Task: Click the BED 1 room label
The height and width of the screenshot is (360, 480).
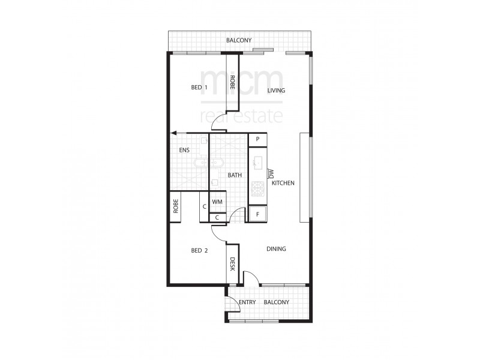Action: (x=199, y=88)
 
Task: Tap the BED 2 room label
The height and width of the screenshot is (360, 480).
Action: (x=199, y=250)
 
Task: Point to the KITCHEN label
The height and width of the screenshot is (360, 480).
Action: (x=283, y=183)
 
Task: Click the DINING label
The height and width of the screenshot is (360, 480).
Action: (x=276, y=249)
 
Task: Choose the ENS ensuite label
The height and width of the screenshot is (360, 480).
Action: (x=184, y=150)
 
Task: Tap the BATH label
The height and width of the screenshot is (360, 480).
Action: (x=235, y=175)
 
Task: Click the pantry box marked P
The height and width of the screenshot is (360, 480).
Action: (x=257, y=139)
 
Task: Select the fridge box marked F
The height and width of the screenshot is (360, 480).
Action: (x=257, y=214)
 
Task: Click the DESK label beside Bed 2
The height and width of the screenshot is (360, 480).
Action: (x=232, y=263)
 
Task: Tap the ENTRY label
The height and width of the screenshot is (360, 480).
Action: (x=248, y=302)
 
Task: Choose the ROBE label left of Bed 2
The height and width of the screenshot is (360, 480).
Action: (x=176, y=207)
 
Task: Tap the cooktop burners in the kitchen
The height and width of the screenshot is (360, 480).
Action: (x=257, y=189)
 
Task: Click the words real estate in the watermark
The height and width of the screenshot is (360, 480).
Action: (x=241, y=116)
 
